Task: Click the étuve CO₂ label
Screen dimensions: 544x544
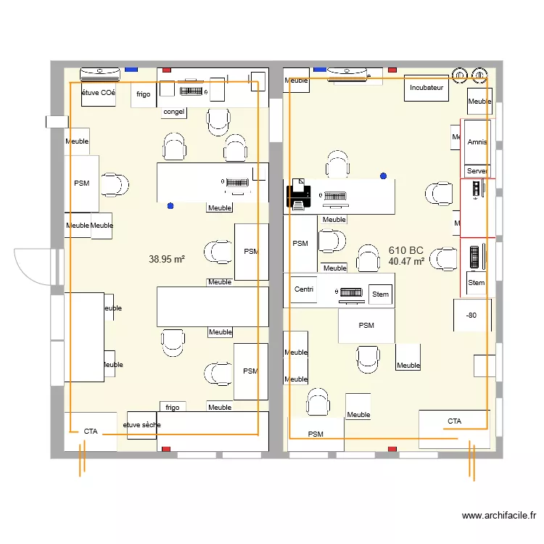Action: (98, 93)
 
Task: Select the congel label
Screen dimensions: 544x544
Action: (173, 112)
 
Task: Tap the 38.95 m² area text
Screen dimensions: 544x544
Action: (166, 259)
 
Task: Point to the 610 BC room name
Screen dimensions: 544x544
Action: (405, 250)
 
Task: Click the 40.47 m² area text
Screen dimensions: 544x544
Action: (406, 261)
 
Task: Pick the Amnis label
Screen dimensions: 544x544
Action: (477, 142)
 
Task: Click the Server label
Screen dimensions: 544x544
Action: (477, 170)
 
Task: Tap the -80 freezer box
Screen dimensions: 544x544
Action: (471, 315)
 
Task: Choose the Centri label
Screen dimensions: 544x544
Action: (305, 289)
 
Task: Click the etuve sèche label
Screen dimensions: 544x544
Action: (141, 424)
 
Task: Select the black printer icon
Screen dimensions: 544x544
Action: (298, 196)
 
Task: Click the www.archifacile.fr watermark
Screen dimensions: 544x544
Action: (499, 516)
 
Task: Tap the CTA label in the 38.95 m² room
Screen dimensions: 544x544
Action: (91, 432)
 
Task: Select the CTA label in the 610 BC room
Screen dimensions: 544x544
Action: (454, 421)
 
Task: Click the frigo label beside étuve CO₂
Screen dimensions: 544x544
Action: (143, 94)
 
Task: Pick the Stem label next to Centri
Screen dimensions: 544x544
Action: (380, 294)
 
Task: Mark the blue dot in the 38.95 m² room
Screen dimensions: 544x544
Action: (170, 206)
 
